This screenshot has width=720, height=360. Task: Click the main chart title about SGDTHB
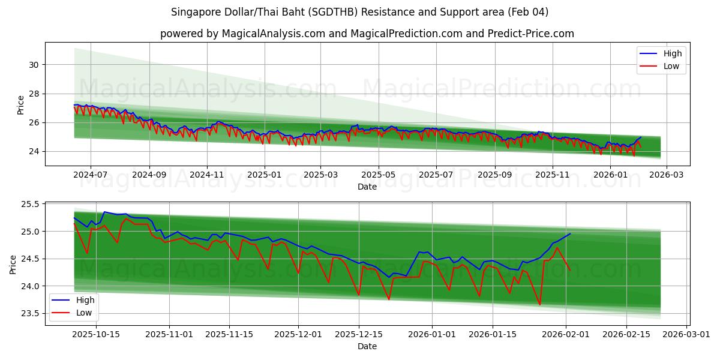click(359, 12)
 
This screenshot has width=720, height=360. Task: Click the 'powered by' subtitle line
click(367, 34)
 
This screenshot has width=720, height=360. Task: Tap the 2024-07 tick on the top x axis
click(91, 175)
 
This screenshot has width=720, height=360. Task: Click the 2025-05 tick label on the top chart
click(378, 175)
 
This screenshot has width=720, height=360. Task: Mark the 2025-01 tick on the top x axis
click(265, 175)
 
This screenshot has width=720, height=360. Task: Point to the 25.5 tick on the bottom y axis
click(29, 205)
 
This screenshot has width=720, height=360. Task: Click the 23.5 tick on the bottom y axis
click(29, 314)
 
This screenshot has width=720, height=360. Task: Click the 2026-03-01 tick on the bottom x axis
click(685, 334)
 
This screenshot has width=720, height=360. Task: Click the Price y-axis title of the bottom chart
click(13, 264)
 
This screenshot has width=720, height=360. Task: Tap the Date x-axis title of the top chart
click(367, 187)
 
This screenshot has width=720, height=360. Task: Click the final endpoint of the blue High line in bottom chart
click(570, 234)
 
